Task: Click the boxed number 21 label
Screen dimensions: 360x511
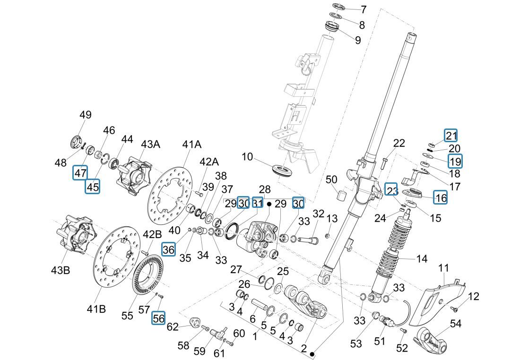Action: [x=450, y=136]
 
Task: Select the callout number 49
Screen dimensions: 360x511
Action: [x=86, y=115]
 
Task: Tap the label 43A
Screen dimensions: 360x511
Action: [x=150, y=144]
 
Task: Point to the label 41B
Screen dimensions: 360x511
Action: [x=96, y=309]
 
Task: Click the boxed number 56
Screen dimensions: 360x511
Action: [x=158, y=318]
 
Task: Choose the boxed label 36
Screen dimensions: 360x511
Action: [x=168, y=249]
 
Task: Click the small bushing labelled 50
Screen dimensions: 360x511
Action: [x=344, y=195]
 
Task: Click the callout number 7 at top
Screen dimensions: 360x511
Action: [x=363, y=9]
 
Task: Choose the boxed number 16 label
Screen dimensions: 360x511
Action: [x=440, y=197]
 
